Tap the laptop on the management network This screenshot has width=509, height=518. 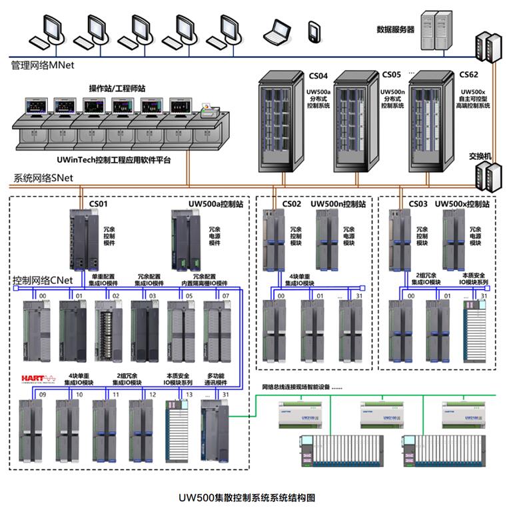pos(276,30)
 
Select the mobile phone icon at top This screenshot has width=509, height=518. pos(314,31)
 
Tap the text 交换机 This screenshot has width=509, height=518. pos(480,156)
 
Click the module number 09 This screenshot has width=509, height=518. pos(43,395)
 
